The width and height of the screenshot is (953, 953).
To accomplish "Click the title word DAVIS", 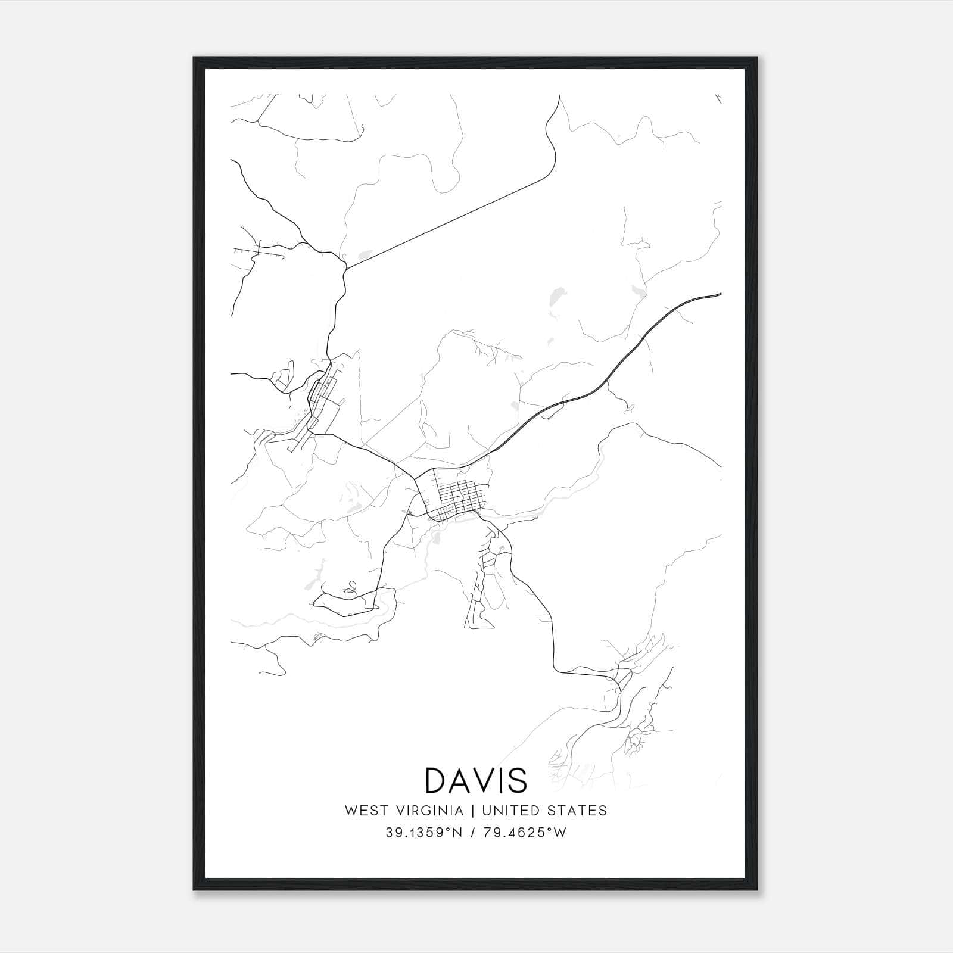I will pyautogui.click(x=476, y=780).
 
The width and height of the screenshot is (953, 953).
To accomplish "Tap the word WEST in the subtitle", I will pyautogui.click(x=363, y=811).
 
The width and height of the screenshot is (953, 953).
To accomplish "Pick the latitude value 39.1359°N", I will pyautogui.click(x=423, y=833).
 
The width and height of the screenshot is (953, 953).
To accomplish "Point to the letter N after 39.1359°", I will pyautogui.click(x=458, y=833).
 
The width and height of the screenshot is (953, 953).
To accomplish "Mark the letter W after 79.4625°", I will pyautogui.click(x=560, y=833).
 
